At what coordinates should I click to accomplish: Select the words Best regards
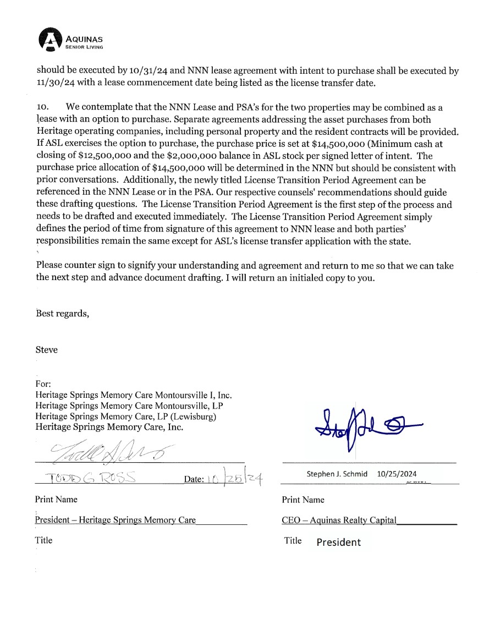[x=62, y=314]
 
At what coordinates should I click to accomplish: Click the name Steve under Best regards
[x=46, y=350]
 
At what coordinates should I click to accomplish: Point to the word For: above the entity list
[x=43, y=383]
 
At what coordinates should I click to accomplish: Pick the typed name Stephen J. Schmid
[x=337, y=474]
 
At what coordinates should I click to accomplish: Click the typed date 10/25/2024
[x=397, y=474]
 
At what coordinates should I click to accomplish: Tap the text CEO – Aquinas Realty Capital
[x=339, y=520]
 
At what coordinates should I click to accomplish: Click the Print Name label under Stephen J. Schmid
[x=303, y=500]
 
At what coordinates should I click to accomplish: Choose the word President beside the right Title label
[x=339, y=543]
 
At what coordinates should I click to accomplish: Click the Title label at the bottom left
[x=44, y=540]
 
